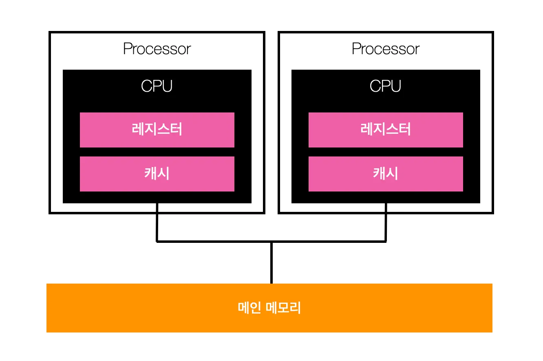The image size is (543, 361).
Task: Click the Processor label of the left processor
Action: pos(157,49)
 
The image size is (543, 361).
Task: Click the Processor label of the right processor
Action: pos(386,49)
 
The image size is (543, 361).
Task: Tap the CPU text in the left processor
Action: pos(157,86)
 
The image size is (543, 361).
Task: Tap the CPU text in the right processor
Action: pos(386,86)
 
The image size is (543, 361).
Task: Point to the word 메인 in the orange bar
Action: pos(250,308)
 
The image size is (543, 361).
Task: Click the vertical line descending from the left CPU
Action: pos(157,222)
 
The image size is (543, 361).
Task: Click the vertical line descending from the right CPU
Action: pos(386,222)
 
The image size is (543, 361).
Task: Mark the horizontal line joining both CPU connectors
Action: pos(212,241)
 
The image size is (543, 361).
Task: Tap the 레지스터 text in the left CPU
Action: pos(157,130)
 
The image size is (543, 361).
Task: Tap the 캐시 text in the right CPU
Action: pos(386,174)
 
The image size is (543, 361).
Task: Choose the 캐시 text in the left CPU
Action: pos(157,174)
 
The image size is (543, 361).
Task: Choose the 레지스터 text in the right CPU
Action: pos(386,130)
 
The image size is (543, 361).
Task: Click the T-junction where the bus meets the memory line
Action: pos(271,242)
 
